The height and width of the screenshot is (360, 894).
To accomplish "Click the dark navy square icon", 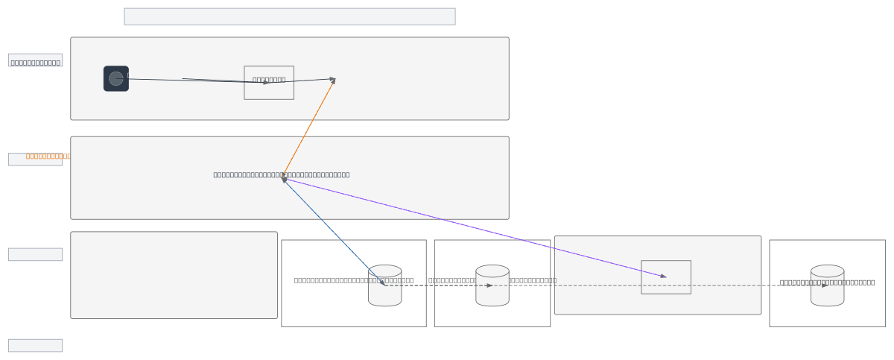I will pyautogui.click(x=116, y=79).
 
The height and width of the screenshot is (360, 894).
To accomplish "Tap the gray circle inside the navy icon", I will pyautogui.click(x=115, y=78).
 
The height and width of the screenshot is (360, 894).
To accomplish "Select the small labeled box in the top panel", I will pyautogui.click(x=269, y=83).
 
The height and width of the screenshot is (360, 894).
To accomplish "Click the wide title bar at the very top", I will pyautogui.click(x=289, y=16).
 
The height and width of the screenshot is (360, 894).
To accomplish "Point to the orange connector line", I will pyautogui.click(x=308, y=127).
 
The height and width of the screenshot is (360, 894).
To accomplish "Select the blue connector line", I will pyautogui.click(x=333, y=232).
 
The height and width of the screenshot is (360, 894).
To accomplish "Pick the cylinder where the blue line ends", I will pyautogui.click(x=384, y=285).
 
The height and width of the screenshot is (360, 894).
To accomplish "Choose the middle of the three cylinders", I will pyautogui.click(x=492, y=285).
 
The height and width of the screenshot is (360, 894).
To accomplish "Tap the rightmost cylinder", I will pyautogui.click(x=827, y=285).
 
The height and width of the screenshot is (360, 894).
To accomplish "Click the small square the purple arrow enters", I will pyautogui.click(x=666, y=277).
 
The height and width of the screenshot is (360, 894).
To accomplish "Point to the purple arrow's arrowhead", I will pyautogui.click(x=662, y=277).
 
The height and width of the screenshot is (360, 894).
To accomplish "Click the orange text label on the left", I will pyautogui.click(x=48, y=156).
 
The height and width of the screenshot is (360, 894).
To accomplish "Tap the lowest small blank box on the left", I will pyautogui.click(x=35, y=345).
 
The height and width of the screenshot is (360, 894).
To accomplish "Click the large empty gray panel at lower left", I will pyautogui.click(x=174, y=275).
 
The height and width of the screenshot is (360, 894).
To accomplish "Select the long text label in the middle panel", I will pyautogui.click(x=282, y=174).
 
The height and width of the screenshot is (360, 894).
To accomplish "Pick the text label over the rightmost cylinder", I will pyautogui.click(x=827, y=282).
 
